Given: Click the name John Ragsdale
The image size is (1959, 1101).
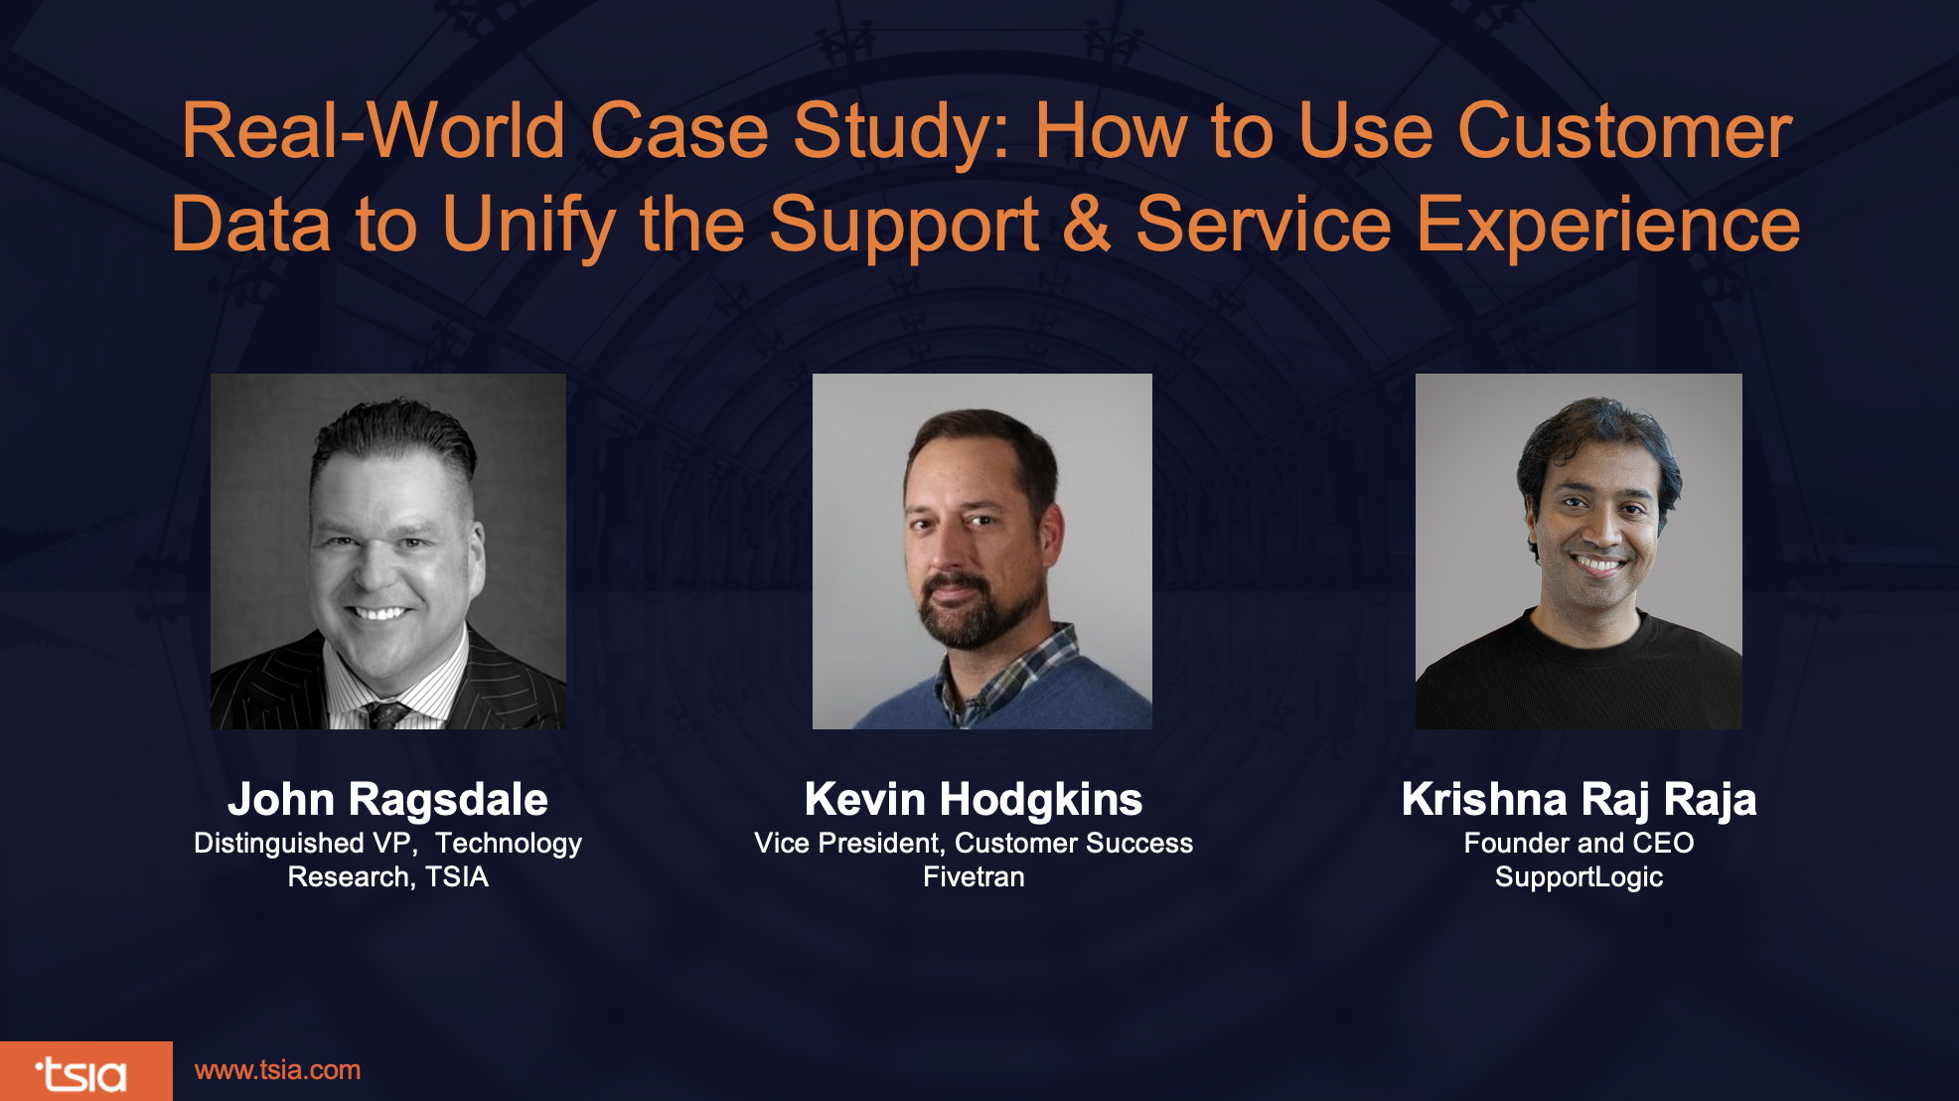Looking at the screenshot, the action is click(387, 799).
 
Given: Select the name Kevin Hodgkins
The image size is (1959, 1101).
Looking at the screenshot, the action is click(974, 799).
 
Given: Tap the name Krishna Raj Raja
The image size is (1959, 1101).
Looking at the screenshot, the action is click(1579, 800).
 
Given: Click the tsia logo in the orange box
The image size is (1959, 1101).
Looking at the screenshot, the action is click(81, 1073).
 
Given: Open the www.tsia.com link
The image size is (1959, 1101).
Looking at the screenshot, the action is click(277, 1070).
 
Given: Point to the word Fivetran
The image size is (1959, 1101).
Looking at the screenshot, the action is click(974, 876).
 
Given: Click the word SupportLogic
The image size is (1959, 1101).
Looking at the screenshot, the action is click(1579, 877).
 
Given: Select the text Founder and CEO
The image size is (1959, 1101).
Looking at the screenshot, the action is click(1579, 843).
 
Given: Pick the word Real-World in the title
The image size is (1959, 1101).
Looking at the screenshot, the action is click(374, 130).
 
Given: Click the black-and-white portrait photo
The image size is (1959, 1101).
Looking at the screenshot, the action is click(388, 551).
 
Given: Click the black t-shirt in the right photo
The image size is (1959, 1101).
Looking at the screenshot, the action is click(1579, 676).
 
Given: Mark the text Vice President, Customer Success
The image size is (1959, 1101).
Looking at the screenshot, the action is click(974, 843).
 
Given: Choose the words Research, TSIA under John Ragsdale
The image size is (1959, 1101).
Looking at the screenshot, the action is click(387, 876).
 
